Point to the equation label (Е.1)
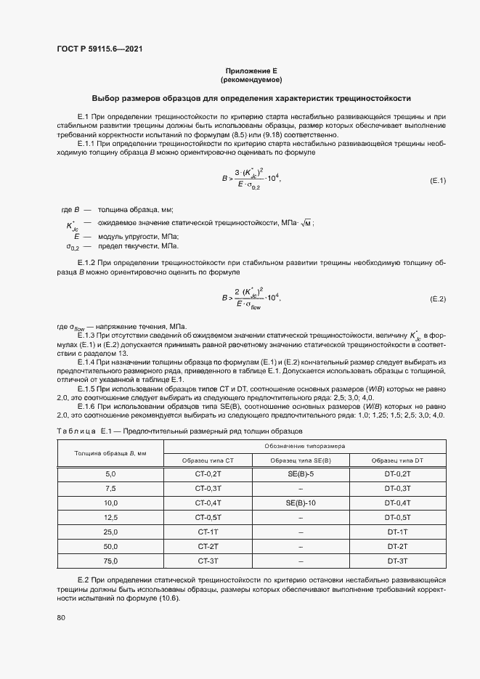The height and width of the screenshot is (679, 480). [438, 179]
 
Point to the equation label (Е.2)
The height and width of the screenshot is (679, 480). [438, 298]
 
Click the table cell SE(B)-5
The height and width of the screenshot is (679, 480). [300, 473]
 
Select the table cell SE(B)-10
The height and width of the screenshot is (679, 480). [300, 502]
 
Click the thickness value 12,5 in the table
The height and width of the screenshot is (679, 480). [110, 517]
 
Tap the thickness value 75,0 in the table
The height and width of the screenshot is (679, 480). [110, 561]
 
